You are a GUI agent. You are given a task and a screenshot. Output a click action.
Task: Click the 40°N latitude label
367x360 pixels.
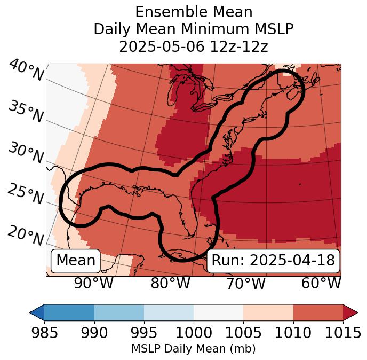pyautogui.click(x=26, y=71)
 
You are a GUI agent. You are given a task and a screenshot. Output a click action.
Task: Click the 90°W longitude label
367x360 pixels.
pyautogui.click(x=94, y=284)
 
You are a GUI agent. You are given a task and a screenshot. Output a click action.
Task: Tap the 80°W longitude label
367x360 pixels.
pyautogui.click(x=170, y=284)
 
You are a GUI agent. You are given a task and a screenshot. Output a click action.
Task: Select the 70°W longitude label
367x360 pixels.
pyautogui.click(x=246, y=284)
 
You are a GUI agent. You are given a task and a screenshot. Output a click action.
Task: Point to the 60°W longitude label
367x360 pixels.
pyautogui.click(x=321, y=284)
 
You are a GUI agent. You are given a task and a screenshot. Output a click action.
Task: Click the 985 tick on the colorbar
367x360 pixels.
pyautogui.click(x=45, y=333)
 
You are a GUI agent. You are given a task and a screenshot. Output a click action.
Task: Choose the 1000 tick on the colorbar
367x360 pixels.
pyautogui.click(x=194, y=333)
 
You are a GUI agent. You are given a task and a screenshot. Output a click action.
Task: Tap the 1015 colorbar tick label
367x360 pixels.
pyautogui.click(x=343, y=333)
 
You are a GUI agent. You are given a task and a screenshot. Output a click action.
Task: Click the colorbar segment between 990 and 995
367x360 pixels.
pyautogui.click(x=119, y=312)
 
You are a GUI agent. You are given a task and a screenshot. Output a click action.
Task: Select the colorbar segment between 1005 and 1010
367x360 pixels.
pyautogui.click(x=268, y=312)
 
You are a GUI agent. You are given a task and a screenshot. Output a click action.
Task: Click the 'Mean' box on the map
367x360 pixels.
pyautogui.click(x=76, y=261)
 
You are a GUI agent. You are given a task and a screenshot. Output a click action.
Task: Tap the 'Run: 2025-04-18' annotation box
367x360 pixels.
pyautogui.click(x=273, y=261)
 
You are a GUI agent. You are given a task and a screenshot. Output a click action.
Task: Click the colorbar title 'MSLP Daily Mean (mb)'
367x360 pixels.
pyautogui.click(x=193, y=349)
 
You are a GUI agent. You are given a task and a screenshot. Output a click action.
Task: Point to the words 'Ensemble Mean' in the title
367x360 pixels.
pyautogui.click(x=194, y=12)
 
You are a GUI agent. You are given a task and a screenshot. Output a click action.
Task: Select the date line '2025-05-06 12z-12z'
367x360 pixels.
pyautogui.click(x=194, y=46)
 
